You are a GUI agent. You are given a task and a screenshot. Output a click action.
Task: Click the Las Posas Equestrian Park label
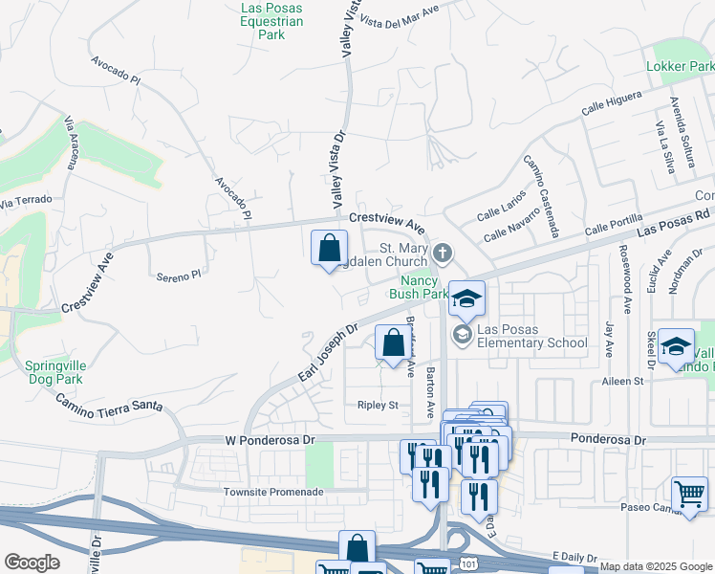coord(272,22)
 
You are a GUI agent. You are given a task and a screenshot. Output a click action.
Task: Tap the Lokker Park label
coord(680,67)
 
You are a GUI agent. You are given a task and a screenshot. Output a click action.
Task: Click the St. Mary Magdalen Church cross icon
coord(442,254)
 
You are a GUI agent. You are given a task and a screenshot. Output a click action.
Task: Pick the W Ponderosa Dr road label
coord(270,439)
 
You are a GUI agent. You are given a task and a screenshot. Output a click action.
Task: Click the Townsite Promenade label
coord(273,492)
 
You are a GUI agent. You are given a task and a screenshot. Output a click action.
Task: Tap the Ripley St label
coord(377,405)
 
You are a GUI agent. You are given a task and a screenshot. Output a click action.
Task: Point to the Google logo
coord(32,563)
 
